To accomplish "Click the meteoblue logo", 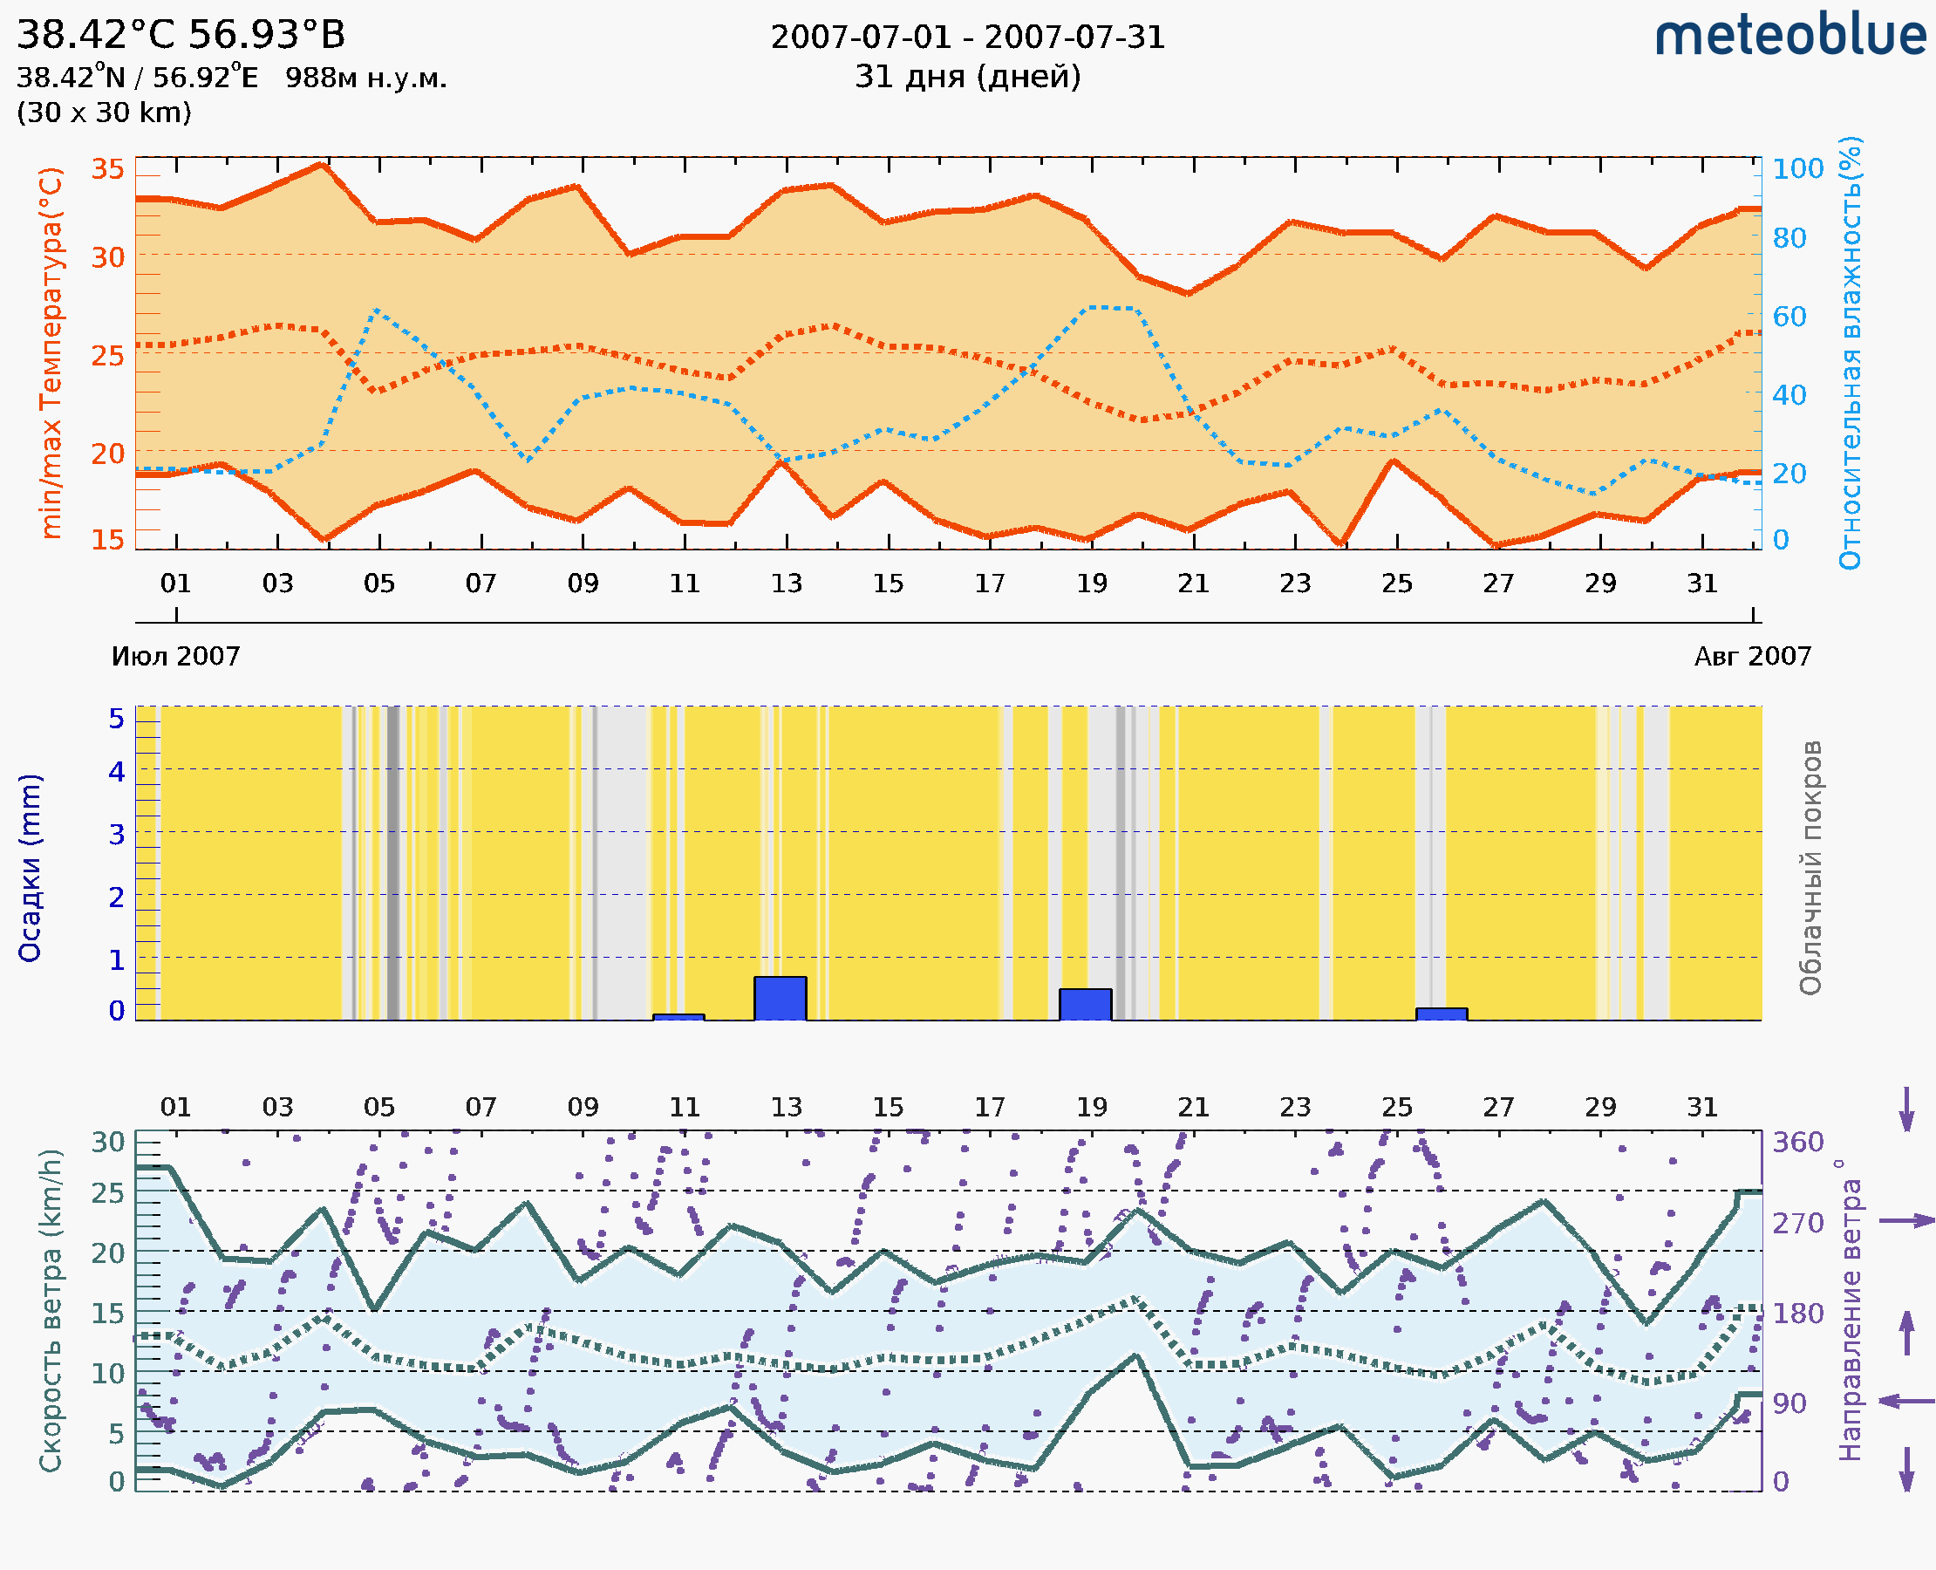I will coord(1790,36).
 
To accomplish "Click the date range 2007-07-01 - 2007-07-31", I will coord(967,38).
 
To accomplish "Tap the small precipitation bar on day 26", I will coord(1441,1014).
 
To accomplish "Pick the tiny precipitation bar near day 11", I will coord(678,1017).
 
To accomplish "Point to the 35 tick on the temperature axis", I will coord(108,169).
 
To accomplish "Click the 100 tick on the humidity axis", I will coord(1797,169).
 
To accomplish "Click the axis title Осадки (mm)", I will coord(30,868).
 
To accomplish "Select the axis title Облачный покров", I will coord(1810,868).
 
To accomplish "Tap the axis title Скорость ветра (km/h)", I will coord(51,1310).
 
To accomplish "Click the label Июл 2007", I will coord(175,657).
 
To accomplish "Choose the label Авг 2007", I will coord(1753,657).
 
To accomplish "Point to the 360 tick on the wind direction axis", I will coord(1797,1143).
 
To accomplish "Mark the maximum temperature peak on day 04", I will coord(322,165).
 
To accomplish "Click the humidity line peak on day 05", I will coord(376,311).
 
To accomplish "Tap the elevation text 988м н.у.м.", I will coord(366,78).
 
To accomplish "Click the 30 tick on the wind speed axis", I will coord(108,1143).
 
